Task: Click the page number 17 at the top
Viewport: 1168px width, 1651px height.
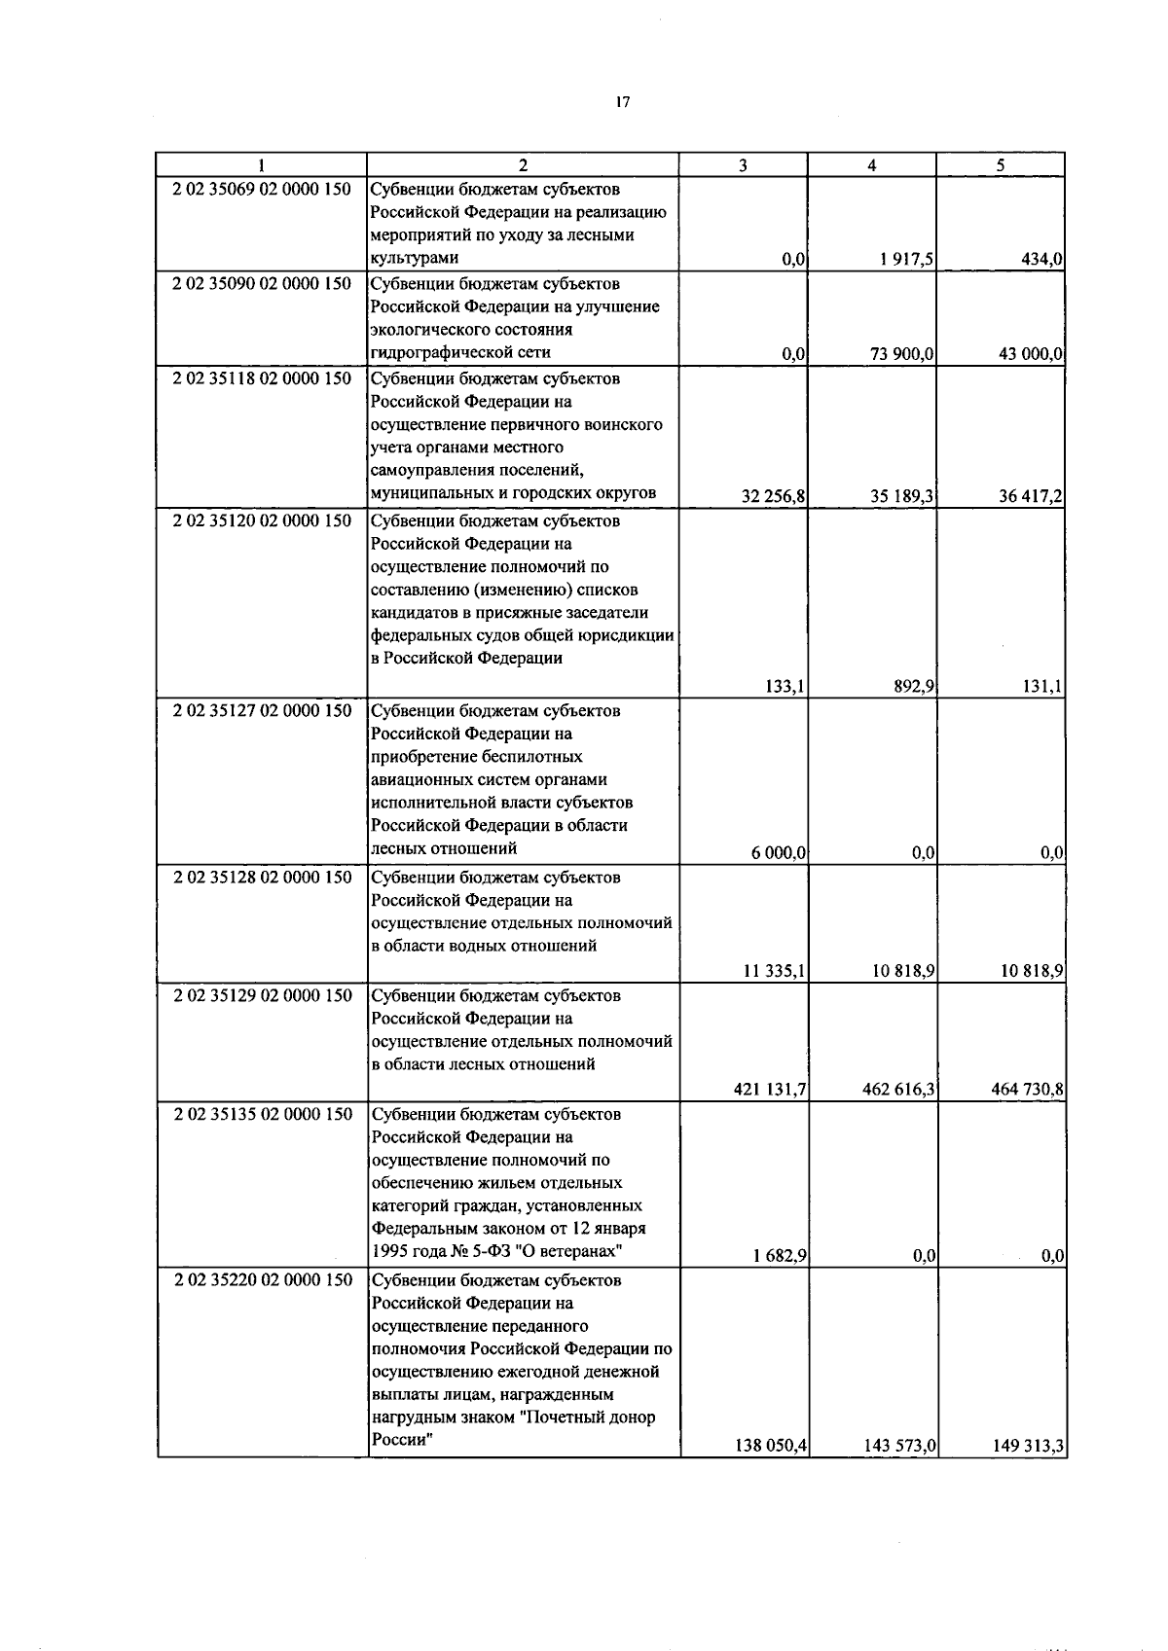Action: click(623, 101)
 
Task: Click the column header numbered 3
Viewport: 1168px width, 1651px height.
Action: click(743, 165)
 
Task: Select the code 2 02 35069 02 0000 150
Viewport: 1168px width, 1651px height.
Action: click(262, 190)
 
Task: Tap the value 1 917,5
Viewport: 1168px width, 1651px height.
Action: click(904, 260)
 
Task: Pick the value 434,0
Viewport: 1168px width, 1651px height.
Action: click(1040, 260)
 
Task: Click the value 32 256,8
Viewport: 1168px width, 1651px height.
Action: click(773, 497)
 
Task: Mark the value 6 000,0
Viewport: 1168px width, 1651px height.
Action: click(778, 853)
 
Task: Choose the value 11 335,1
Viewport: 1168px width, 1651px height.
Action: click(774, 971)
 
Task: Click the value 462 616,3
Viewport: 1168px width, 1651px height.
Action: click(898, 1090)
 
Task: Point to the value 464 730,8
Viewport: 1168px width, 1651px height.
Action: click(1027, 1090)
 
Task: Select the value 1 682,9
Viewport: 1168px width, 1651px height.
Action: click(779, 1256)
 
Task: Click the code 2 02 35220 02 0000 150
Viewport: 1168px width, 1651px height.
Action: click(262, 1280)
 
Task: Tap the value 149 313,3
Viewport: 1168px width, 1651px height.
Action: click(1027, 1447)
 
